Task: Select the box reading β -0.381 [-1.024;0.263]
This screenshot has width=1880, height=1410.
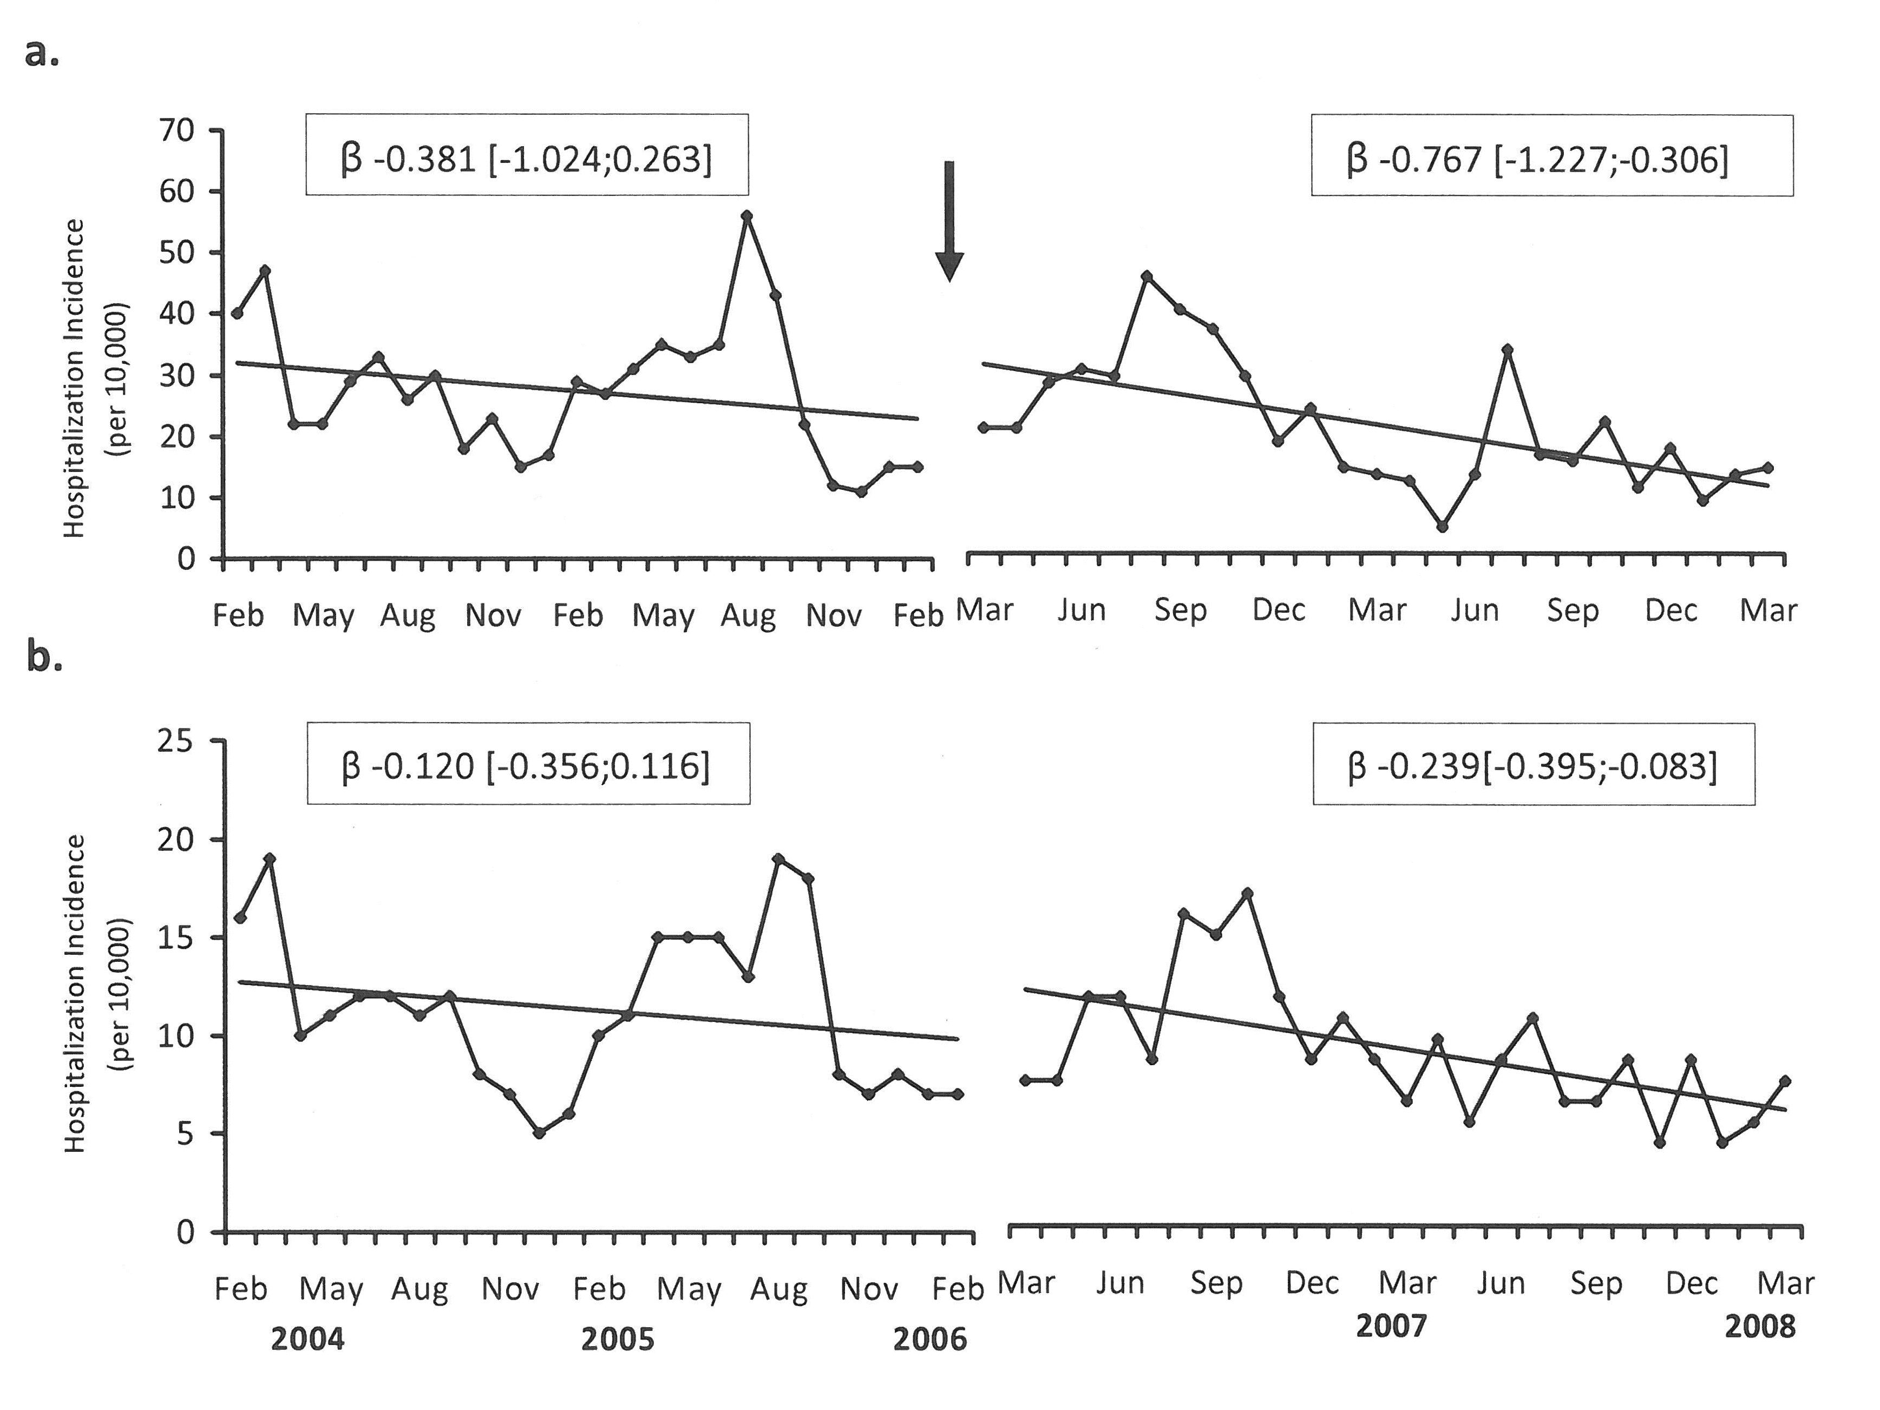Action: click(527, 155)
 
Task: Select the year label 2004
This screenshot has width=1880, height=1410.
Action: click(307, 1340)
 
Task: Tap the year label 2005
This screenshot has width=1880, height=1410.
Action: click(618, 1340)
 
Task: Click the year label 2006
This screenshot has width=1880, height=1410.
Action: click(930, 1340)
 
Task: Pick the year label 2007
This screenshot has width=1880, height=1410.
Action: click(1391, 1326)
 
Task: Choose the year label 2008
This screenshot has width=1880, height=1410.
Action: click(1759, 1327)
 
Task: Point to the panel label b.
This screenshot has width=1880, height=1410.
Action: click(44, 655)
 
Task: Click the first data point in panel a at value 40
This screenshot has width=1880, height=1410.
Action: click(237, 313)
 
